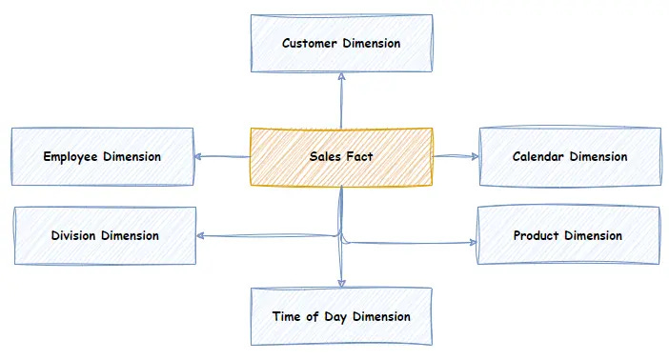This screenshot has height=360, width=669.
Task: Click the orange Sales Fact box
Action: coord(340,157)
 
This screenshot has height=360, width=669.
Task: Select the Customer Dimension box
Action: coord(340,44)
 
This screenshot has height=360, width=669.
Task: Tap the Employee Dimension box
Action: coord(102,156)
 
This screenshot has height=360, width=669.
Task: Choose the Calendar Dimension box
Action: coord(569,156)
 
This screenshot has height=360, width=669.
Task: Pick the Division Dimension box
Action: coord(105,235)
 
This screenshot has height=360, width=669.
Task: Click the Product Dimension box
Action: coord(567,235)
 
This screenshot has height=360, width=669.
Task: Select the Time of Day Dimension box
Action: coord(340,316)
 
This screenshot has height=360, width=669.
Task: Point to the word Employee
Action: coord(71,156)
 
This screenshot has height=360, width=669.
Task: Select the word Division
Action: coord(74,235)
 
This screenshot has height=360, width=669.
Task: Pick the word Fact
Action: coord(359,157)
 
